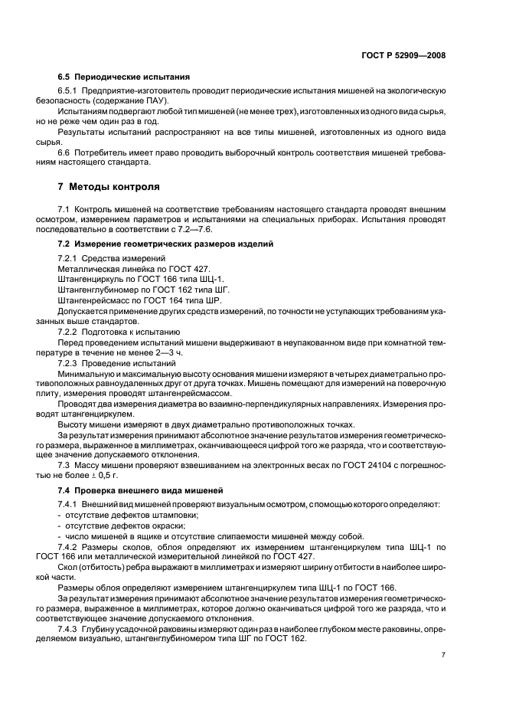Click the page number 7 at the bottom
coord(443,655)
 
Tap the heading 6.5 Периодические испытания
coord(124,77)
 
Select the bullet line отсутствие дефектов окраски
coord(124,525)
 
